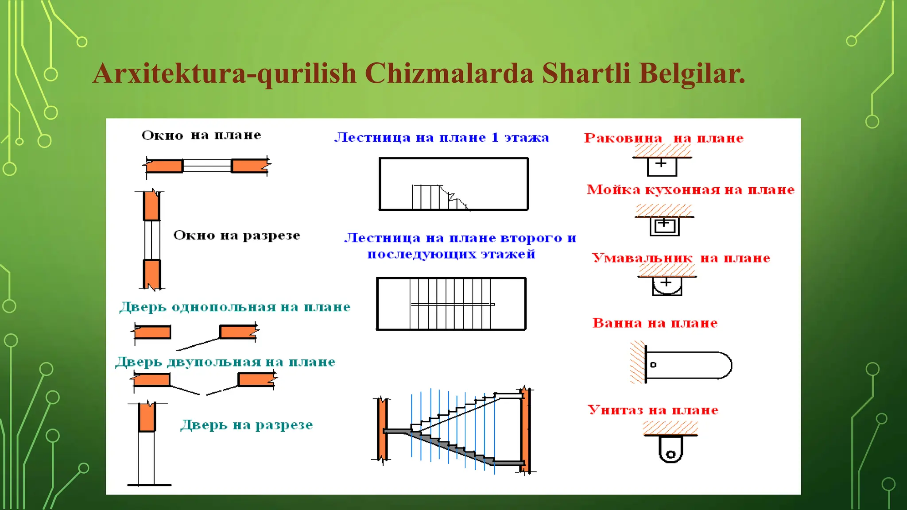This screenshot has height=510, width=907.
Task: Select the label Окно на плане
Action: coord(201,135)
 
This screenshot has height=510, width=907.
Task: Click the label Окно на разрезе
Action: coord(236,235)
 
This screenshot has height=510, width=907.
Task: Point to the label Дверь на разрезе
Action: coord(246,425)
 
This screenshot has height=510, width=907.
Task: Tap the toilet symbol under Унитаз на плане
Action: coord(671,448)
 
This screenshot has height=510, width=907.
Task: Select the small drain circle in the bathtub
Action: coord(653,365)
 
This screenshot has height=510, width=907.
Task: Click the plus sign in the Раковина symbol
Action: coord(661,163)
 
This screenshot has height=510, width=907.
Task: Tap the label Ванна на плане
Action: coord(655,323)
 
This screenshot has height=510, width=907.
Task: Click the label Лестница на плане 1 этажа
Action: coord(442,138)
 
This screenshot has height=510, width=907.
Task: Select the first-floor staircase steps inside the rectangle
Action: coord(438,198)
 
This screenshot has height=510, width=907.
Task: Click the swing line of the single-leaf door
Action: coord(198,344)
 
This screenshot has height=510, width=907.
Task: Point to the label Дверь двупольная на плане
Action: coord(225,362)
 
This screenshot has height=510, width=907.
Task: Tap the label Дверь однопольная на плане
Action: coord(235,307)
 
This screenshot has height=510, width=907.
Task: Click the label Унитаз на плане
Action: coord(653,410)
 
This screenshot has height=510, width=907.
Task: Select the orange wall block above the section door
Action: coord(147,417)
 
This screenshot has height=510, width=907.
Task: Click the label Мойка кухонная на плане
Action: coord(690,190)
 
